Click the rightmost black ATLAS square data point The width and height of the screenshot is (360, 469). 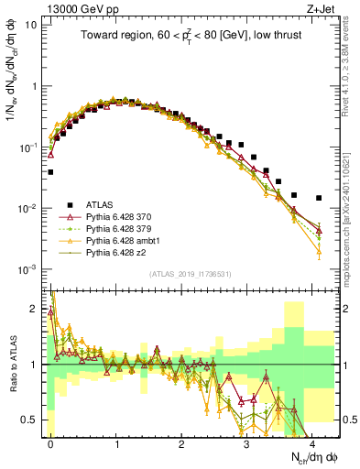click(319, 198)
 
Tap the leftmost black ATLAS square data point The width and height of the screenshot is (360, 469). click(51, 171)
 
